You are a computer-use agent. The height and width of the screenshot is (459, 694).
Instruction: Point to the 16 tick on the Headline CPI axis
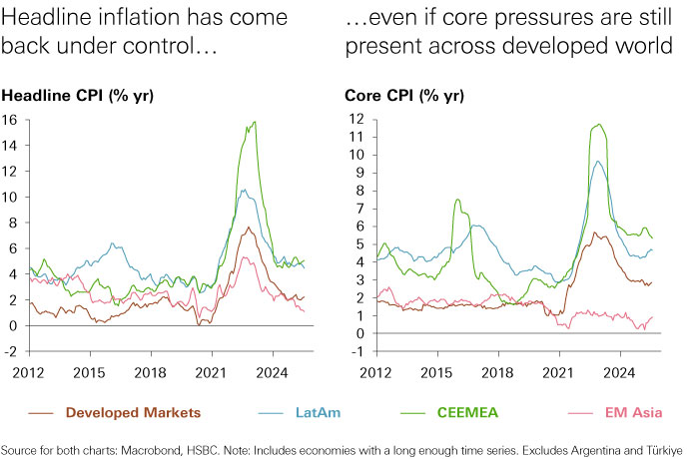(11, 119)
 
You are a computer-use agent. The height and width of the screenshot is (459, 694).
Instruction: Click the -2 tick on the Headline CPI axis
(11, 351)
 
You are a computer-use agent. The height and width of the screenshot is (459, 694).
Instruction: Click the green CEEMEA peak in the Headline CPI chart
(256, 122)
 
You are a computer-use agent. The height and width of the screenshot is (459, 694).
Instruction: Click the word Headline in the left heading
(44, 17)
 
